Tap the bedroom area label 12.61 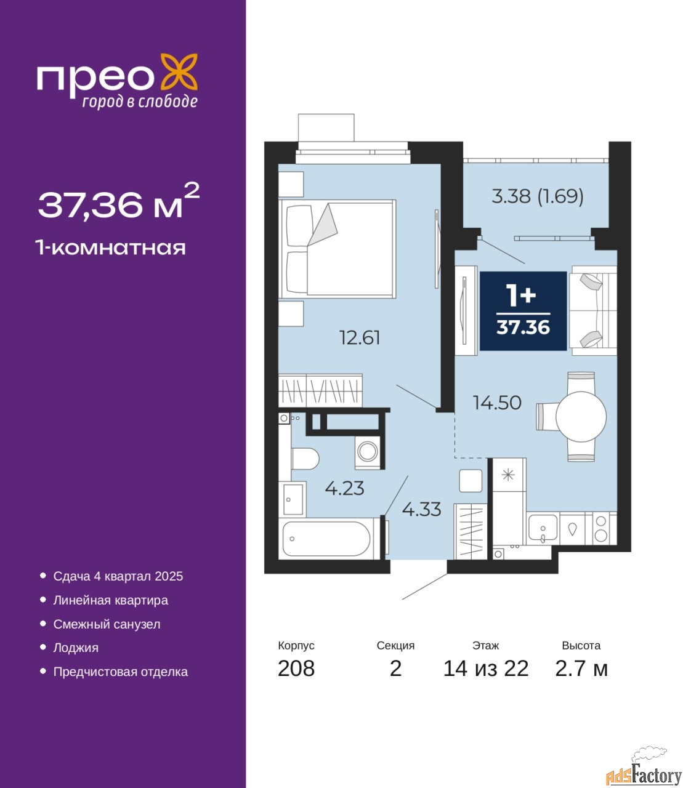pos(360,338)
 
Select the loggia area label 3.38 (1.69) pos(537,196)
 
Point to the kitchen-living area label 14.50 pos(497,403)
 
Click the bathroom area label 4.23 pos(344,488)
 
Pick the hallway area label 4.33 pos(421,509)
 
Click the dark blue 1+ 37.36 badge pos(523,311)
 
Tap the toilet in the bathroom pos(305,459)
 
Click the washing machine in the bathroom pos(368,452)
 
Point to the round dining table pos(581,417)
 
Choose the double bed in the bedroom pos(337,249)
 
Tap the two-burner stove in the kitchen pos(600,528)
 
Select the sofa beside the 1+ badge pos(593,311)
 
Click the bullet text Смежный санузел pos(107,624)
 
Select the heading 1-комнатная pos(111,248)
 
